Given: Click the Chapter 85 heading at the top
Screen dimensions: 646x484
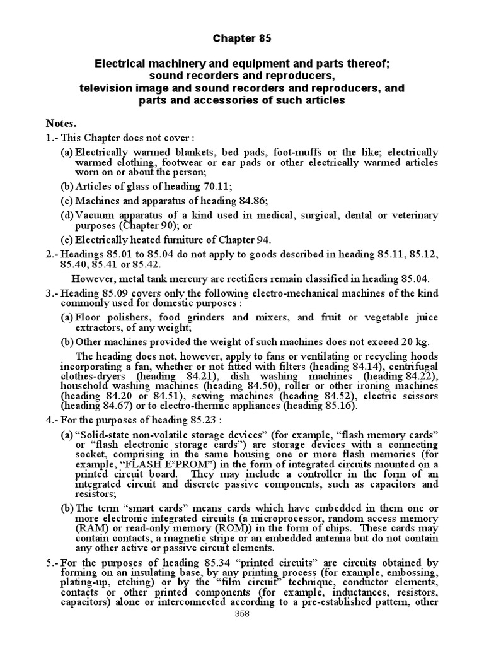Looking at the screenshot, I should (241, 39).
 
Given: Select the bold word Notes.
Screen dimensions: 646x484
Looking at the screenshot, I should (60, 122).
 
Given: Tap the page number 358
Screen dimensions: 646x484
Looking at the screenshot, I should (242, 631).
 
